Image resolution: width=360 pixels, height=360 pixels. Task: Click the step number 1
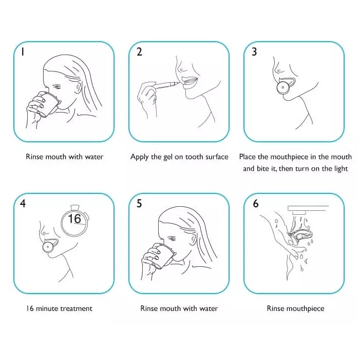click(22, 52)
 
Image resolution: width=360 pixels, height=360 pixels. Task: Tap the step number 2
click(139, 52)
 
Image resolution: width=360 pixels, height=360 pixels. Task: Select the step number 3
click(254, 52)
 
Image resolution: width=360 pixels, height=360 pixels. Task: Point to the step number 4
click(23, 203)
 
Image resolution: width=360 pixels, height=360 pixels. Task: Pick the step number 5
click(139, 203)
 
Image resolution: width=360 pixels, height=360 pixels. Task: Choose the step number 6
click(255, 203)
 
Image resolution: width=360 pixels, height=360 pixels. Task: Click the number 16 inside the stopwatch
click(74, 219)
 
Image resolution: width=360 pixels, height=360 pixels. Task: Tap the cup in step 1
click(49, 104)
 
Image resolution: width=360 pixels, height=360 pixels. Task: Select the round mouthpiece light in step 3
click(283, 87)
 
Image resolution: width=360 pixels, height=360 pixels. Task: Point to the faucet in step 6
click(307, 209)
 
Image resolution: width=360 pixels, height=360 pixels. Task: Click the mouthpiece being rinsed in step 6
click(300, 237)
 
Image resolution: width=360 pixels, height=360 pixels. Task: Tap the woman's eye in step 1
click(57, 87)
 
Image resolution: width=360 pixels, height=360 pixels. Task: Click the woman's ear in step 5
click(194, 239)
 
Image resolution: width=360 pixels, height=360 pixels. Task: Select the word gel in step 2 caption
click(168, 158)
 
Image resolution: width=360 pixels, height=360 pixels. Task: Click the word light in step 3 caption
click(341, 169)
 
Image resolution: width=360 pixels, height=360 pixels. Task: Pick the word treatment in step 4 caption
click(76, 308)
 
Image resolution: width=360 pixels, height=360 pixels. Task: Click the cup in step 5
click(163, 255)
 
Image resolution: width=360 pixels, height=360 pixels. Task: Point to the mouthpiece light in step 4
click(48, 247)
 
